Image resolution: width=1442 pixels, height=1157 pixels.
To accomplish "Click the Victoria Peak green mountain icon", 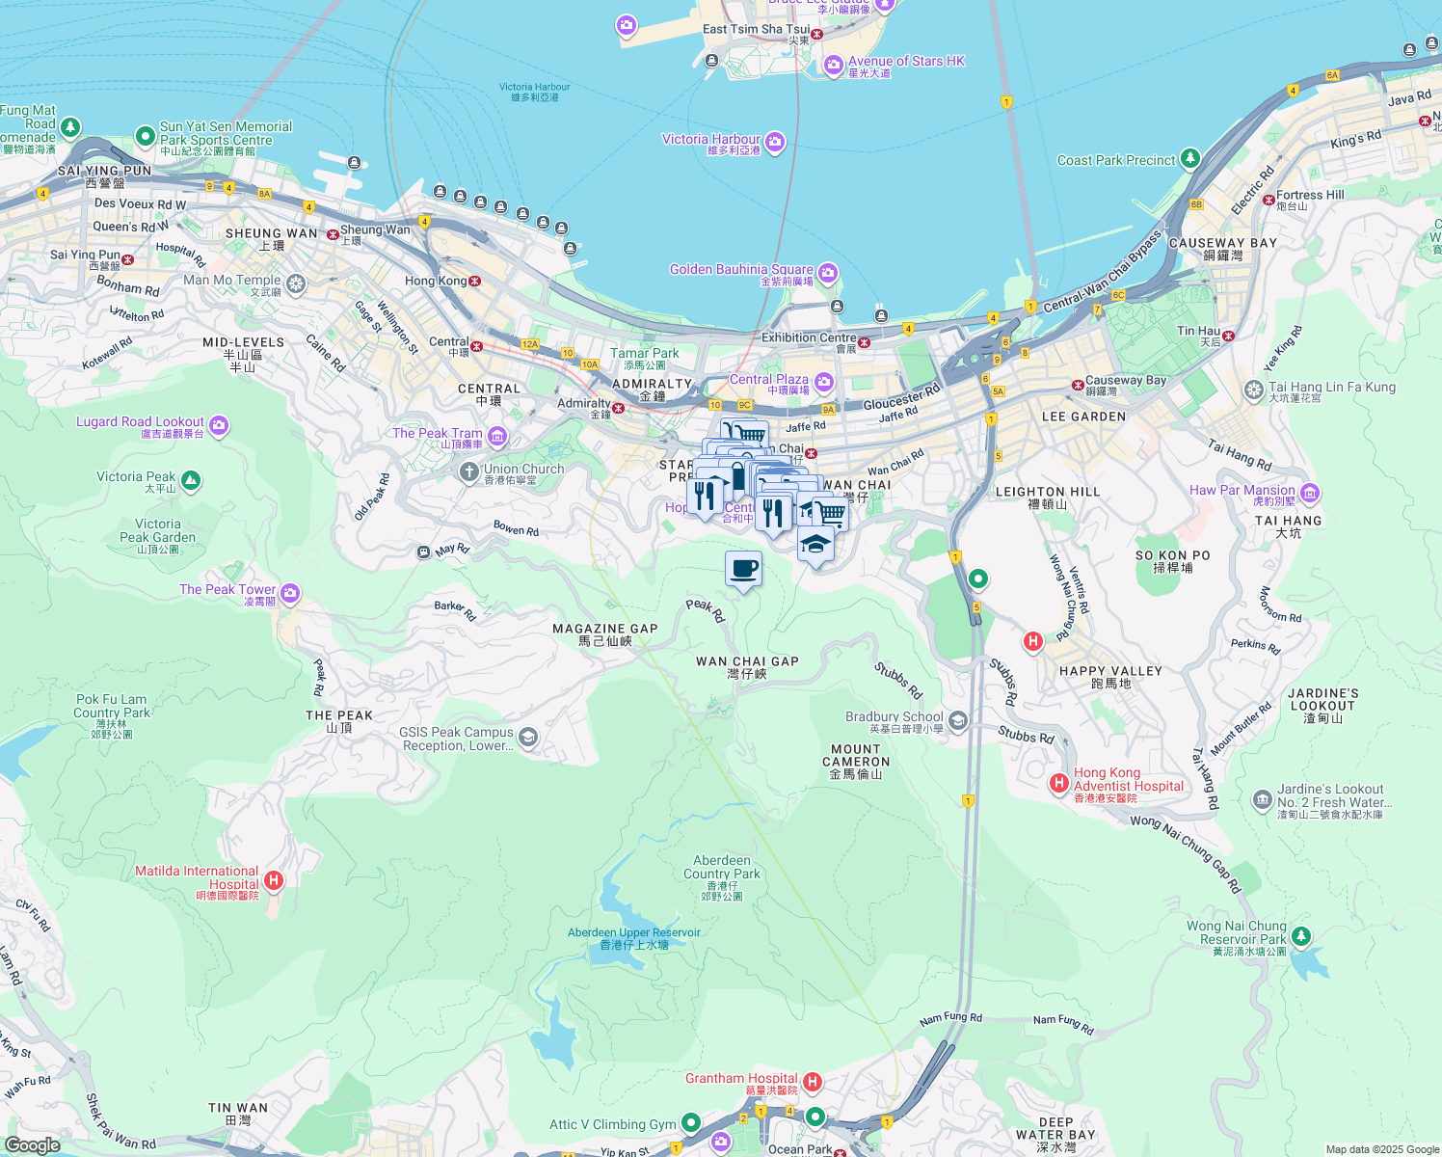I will pyautogui.click(x=191, y=481).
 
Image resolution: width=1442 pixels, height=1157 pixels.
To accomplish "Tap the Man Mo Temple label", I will pyautogui.click(x=232, y=281).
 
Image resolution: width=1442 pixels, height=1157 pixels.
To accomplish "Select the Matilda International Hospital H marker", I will pyautogui.click(x=274, y=879).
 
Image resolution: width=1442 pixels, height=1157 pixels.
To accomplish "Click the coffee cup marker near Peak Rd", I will pyautogui.click(x=743, y=569).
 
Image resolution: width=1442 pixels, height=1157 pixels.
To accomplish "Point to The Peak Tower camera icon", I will pyautogui.click(x=290, y=593).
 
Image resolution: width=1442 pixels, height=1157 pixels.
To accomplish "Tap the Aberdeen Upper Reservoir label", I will pyautogui.click(x=633, y=933).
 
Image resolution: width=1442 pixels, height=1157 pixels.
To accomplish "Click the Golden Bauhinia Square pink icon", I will pyautogui.click(x=828, y=274).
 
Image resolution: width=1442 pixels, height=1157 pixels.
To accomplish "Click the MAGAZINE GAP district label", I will pyautogui.click(x=604, y=629).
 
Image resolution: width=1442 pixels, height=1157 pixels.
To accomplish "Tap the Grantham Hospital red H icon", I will pyautogui.click(x=812, y=1082).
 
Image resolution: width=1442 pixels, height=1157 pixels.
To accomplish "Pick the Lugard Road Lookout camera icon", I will pyautogui.click(x=219, y=425).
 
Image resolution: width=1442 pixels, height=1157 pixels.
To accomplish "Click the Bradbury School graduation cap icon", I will pyautogui.click(x=957, y=720).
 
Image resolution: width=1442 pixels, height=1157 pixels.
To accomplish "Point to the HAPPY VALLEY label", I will pyautogui.click(x=1110, y=671).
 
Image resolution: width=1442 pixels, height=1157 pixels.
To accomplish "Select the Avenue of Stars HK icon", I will pyautogui.click(x=834, y=66).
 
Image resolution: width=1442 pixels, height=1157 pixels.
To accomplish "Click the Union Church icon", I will pyautogui.click(x=468, y=471).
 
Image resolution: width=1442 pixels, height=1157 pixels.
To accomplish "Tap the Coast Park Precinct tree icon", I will pyautogui.click(x=1190, y=158).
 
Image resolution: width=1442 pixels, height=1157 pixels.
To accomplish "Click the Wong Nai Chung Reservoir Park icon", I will pyautogui.click(x=1301, y=935).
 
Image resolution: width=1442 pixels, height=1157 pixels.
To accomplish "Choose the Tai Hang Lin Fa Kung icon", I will pyautogui.click(x=1253, y=390).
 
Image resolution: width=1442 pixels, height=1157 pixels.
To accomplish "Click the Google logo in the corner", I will pyautogui.click(x=32, y=1144).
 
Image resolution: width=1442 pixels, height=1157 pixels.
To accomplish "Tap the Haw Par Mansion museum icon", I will pyautogui.click(x=1310, y=494).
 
